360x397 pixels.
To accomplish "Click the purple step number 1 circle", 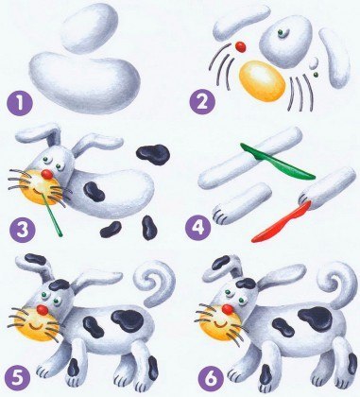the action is click(20, 103).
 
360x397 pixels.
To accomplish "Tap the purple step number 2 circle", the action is click(203, 102).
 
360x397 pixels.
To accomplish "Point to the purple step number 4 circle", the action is click(197, 227).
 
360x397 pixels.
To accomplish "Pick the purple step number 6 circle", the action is click(212, 378).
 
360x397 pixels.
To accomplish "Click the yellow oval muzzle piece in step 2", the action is click(262, 81).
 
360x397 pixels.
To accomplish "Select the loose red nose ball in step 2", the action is click(241, 47).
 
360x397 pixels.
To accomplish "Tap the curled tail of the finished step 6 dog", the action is click(337, 284).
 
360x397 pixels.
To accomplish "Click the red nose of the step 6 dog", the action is click(228, 309).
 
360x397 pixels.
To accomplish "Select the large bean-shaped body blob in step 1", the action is click(84, 82).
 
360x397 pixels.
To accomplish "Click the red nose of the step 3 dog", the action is click(46, 174).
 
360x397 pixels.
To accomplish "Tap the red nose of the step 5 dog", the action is click(42, 310).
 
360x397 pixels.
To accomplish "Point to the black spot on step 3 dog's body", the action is click(94, 192).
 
